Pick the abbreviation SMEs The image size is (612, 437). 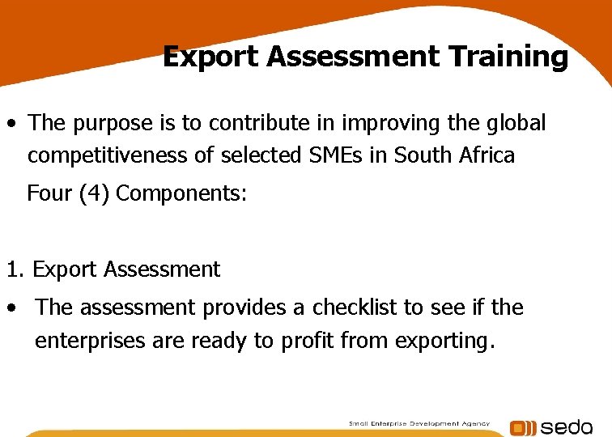328,155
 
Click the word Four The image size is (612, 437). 50,194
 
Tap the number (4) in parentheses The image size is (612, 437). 95,194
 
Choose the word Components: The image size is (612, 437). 181,194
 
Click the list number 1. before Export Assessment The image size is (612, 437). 15,269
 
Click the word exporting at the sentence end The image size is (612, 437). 444,341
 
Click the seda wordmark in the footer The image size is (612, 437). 566,427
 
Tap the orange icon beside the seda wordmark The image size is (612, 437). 522,428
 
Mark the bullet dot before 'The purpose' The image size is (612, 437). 12,125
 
